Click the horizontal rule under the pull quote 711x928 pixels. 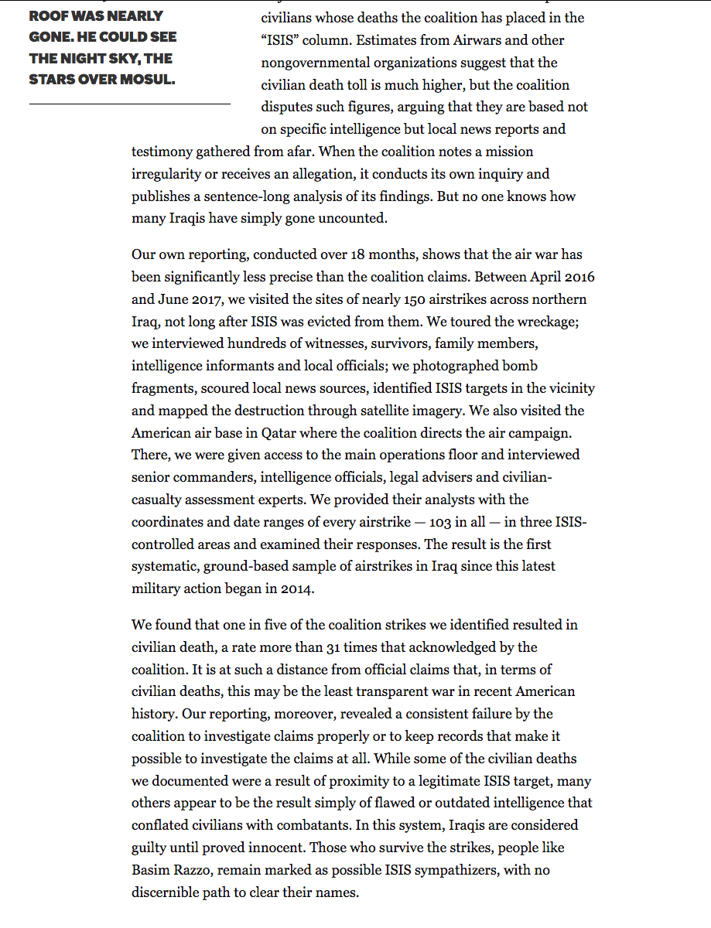coord(130,103)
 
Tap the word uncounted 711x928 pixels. coord(352,219)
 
